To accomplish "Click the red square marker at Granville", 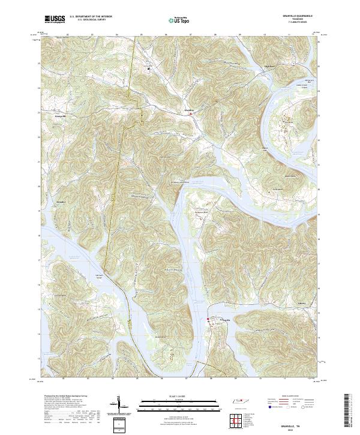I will (x=208, y=319).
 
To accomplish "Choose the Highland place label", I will (x=269, y=65).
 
